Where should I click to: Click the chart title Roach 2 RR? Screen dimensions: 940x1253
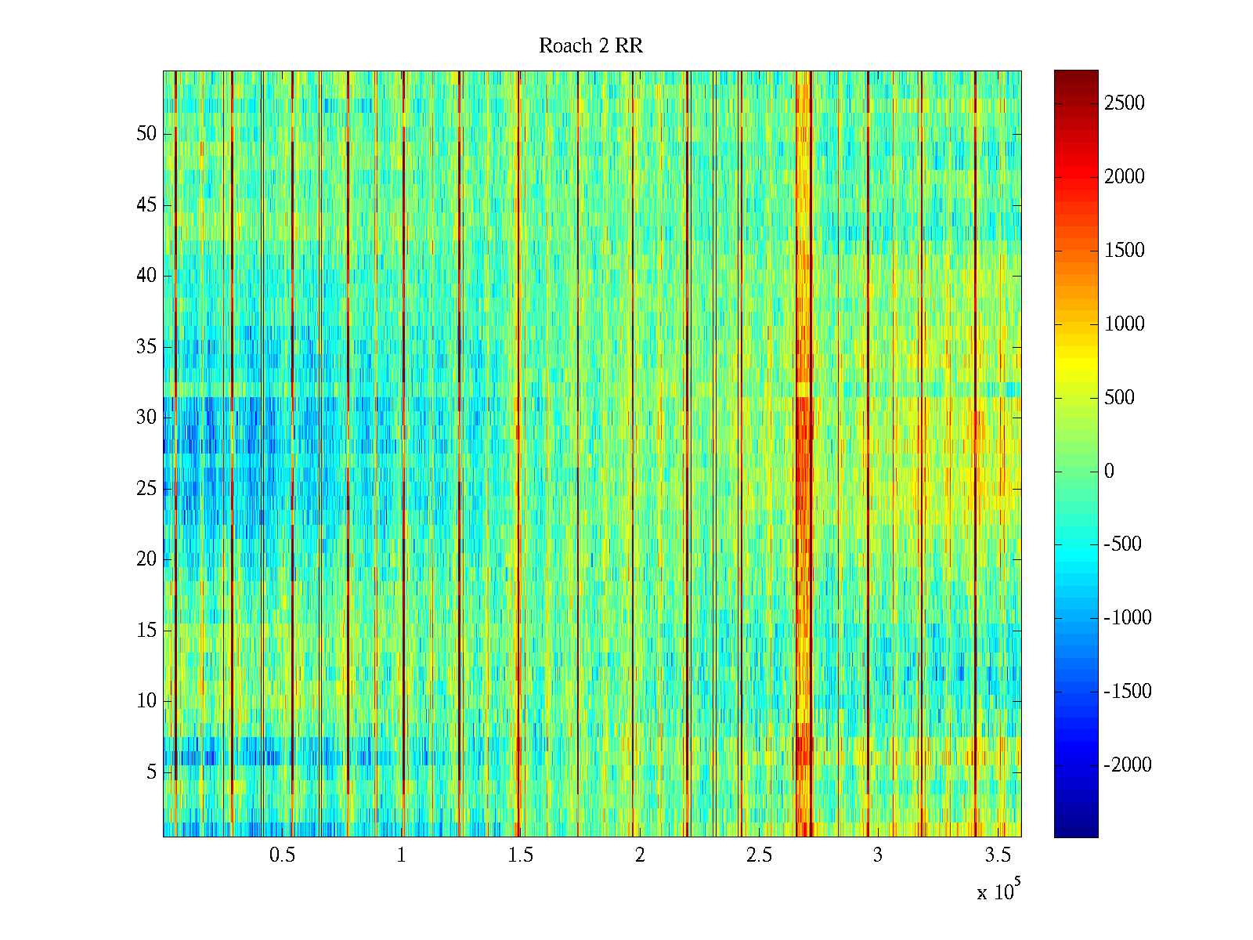pos(590,46)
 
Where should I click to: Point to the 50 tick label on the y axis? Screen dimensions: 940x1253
pos(146,134)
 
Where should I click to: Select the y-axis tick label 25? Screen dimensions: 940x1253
pos(146,489)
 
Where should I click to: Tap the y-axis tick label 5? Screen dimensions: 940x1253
pos(151,772)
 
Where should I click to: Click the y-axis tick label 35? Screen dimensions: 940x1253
pos(146,347)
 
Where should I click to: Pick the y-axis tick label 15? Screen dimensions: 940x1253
pos(146,631)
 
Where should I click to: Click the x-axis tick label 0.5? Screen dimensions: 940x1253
pos(282,855)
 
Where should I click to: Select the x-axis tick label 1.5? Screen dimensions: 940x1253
pos(520,855)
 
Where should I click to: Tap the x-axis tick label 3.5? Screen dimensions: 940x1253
pos(996,855)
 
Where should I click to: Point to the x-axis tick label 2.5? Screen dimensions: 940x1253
pos(758,855)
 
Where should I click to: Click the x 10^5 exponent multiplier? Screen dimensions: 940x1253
pos(998,891)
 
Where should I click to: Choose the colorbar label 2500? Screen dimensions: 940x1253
pos(1124,103)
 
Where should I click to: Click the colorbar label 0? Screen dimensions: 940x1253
pos(1109,472)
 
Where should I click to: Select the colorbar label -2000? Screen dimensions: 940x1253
pos(1128,765)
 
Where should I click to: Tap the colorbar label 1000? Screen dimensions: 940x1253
pos(1124,324)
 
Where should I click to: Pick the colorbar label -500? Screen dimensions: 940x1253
pos(1122,544)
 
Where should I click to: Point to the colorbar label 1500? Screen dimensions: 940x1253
pos(1124,251)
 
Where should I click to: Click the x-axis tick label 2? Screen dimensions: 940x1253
pos(640,855)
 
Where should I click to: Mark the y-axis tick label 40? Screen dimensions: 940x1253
pos(146,276)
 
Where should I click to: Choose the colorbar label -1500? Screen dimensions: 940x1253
pos(1128,692)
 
